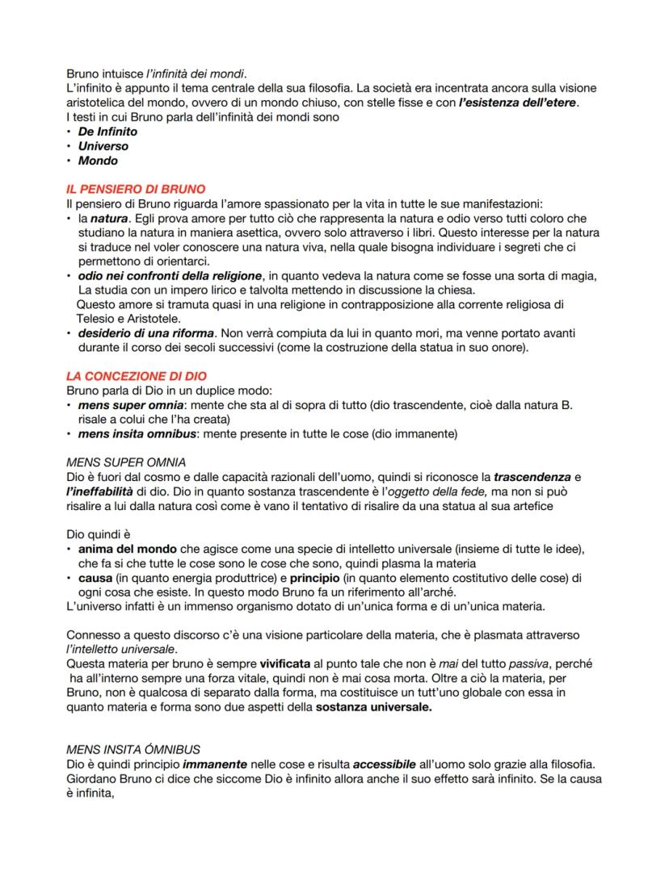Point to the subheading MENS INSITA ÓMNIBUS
[133, 750]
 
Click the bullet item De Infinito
[107, 132]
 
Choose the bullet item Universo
[103, 146]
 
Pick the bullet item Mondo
[97, 161]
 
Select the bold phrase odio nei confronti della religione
[170, 276]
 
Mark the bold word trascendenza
[532, 477]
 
